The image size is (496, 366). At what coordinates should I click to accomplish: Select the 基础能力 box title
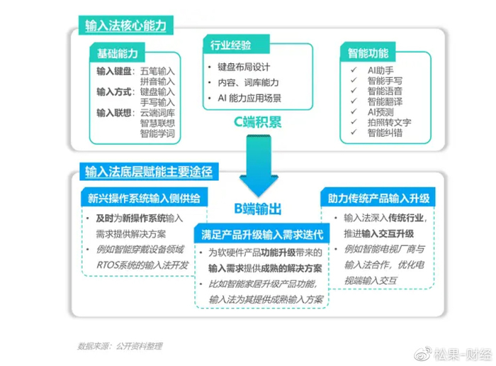pyautogui.click(x=117, y=53)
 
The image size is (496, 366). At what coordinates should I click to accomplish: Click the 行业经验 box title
pyautogui.click(x=231, y=45)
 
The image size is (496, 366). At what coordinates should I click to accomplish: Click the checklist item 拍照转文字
pyautogui.click(x=390, y=123)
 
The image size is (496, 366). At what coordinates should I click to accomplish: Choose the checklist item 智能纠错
pyautogui.click(x=384, y=133)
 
